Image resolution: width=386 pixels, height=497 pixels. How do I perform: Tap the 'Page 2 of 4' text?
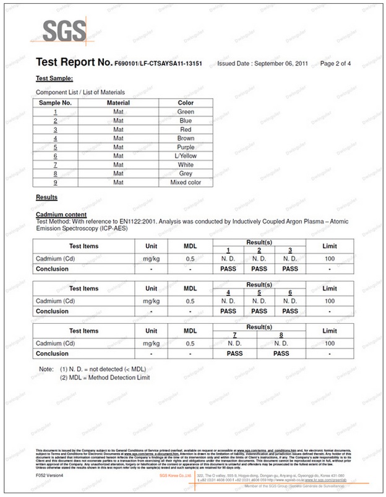click(335, 63)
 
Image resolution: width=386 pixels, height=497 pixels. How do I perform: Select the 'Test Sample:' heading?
click(54, 79)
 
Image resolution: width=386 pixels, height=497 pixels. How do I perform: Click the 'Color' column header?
click(186, 103)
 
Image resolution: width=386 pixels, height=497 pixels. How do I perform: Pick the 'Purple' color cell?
click(186, 147)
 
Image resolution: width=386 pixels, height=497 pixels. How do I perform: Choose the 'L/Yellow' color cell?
click(186, 156)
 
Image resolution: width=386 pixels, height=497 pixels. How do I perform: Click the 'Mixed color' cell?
click(186, 183)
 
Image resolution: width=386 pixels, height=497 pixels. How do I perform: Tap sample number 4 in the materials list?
click(56, 139)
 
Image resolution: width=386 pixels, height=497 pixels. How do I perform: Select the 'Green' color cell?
click(186, 112)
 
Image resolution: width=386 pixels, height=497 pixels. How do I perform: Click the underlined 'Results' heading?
click(47, 197)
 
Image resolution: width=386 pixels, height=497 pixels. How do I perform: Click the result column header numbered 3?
click(289, 249)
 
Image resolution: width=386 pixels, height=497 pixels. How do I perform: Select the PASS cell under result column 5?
click(259, 311)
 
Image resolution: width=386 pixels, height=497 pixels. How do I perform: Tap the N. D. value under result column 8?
click(281, 343)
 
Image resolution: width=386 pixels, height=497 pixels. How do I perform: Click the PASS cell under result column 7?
click(234, 353)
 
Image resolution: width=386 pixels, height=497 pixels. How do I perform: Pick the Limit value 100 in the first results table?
click(330, 258)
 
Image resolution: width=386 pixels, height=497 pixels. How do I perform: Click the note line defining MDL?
click(105, 377)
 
